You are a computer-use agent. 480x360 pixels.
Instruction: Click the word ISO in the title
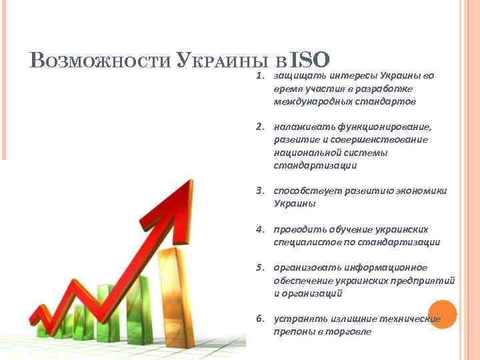point(311,60)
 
